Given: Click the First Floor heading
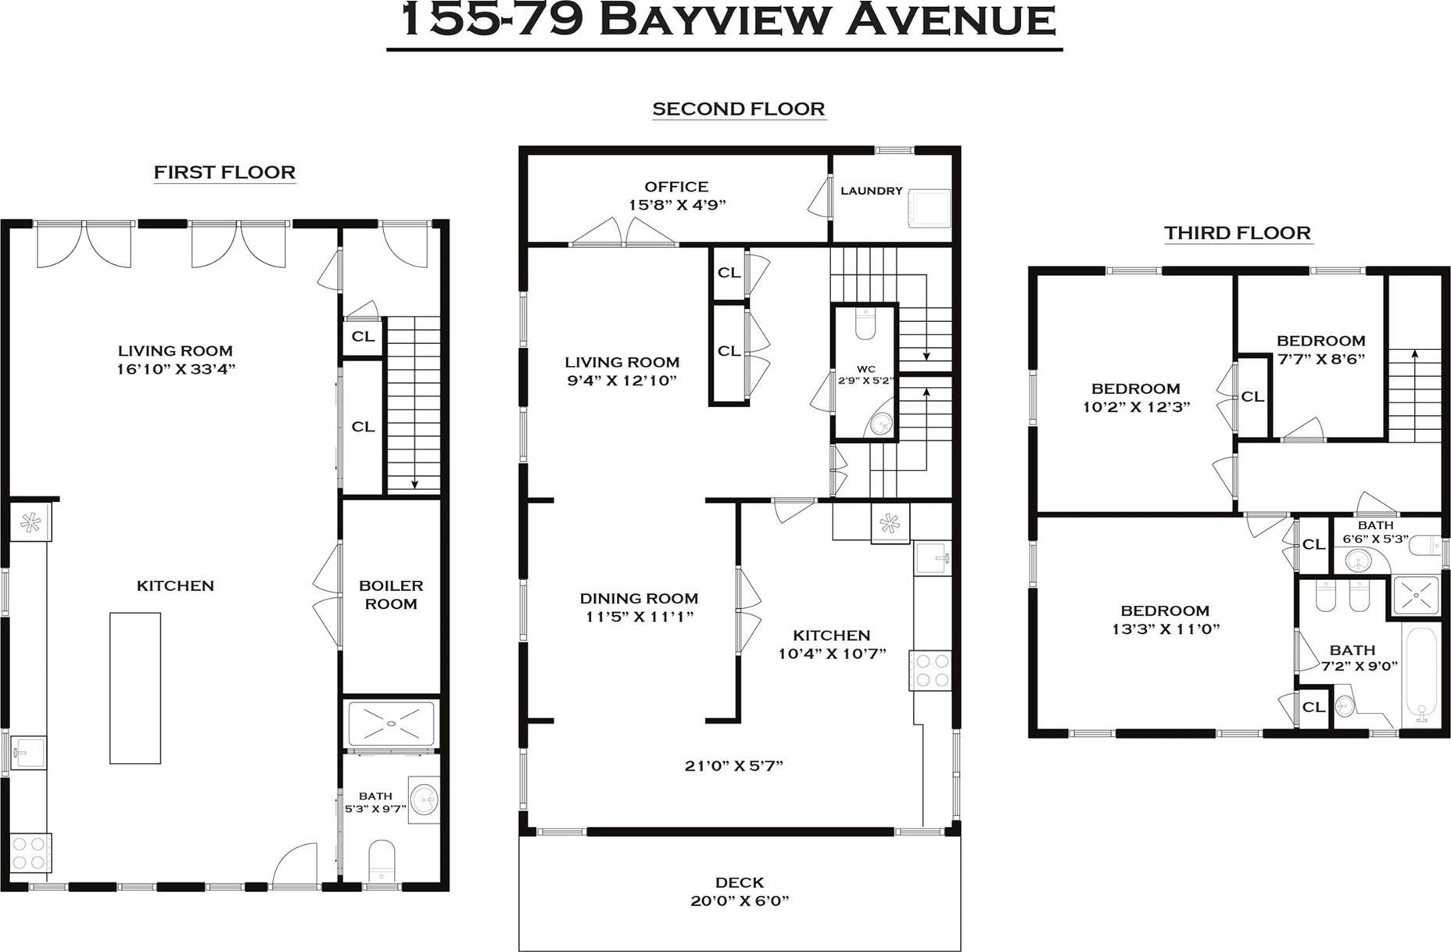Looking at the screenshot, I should coord(224,172).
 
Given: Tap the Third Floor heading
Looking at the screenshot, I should coord(1237,233).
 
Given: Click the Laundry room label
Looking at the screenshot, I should coord(871,191).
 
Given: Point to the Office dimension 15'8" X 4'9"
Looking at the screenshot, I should coord(677,205).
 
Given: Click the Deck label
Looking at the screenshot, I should coord(739,882).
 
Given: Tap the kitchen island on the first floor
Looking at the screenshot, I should coord(135,688).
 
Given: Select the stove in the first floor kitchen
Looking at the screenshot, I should coord(30,853).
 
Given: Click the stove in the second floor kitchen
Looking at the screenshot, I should coord(930,670).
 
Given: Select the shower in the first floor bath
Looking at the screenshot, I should coord(391,725).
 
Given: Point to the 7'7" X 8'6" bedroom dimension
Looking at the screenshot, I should coord(1321,360).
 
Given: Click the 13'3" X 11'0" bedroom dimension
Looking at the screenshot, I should coord(1165,629).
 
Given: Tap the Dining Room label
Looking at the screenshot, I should coord(639,599).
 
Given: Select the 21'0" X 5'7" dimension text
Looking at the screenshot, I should coord(733,766).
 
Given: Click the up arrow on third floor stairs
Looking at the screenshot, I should coord(1414,355).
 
